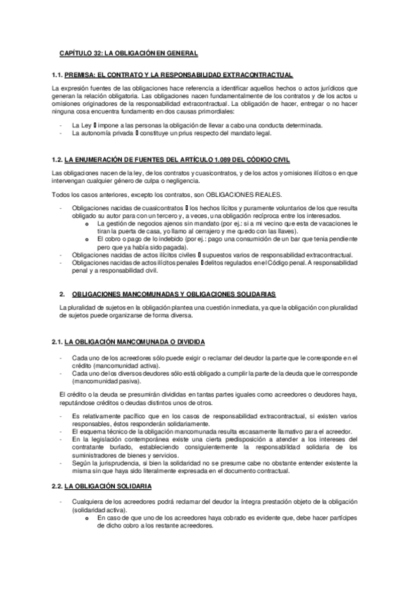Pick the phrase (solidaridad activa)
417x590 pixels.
click(101, 510)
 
